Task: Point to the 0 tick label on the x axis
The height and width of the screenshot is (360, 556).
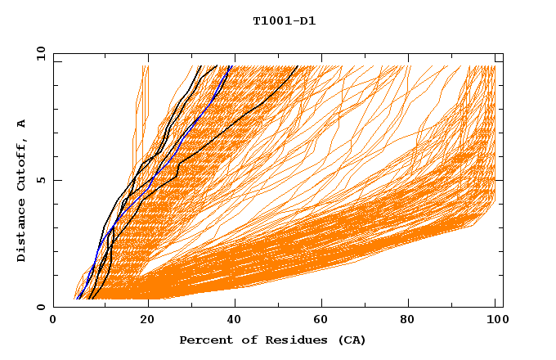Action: click(x=53, y=321)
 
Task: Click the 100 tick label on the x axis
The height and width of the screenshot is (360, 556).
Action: click(x=495, y=321)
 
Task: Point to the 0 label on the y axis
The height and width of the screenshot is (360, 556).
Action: click(x=41, y=308)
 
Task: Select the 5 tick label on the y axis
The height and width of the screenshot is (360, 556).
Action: click(x=41, y=180)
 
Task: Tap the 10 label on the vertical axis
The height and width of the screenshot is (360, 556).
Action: click(x=39, y=52)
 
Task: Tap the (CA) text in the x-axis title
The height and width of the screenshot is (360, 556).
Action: click(x=351, y=340)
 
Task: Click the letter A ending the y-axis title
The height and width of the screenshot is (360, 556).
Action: click(x=21, y=124)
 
